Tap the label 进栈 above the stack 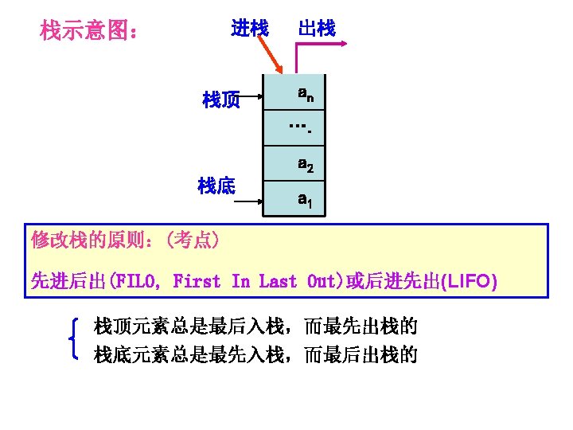click(x=249, y=29)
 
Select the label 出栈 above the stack click(x=317, y=29)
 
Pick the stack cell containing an click(x=304, y=94)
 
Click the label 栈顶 click(x=221, y=100)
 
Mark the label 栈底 click(x=216, y=186)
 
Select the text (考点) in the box click(x=191, y=240)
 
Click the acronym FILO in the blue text click(x=136, y=282)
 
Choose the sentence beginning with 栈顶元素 click(x=255, y=326)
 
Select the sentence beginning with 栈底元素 click(x=255, y=354)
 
